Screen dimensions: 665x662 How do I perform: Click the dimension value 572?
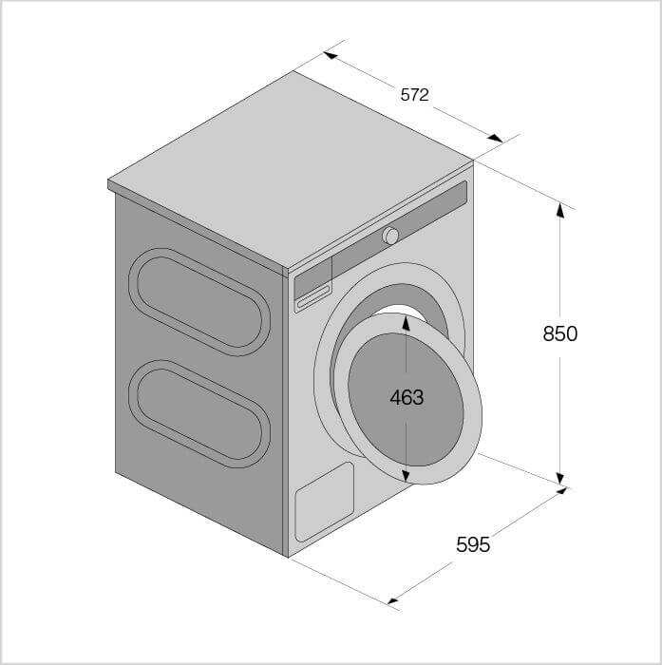pyautogui.click(x=414, y=95)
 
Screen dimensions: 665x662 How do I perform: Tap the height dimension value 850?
pyautogui.click(x=559, y=333)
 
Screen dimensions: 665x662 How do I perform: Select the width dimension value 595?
pyautogui.click(x=473, y=544)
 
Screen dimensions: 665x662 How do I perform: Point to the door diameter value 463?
pyautogui.click(x=407, y=397)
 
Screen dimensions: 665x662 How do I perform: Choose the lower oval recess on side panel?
pyautogui.click(x=199, y=413)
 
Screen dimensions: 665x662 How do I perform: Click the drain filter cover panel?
pyautogui.click(x=324, y=502)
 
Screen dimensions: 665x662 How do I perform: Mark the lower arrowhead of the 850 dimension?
pyautogui.click(x=560, y=478)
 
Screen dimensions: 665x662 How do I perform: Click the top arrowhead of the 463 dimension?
pyautogui.click(x=407, y=321)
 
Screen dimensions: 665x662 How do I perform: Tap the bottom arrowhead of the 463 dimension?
pyautogui.click(x=407, y=474)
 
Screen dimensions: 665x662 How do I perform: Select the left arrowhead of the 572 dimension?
pyautogui.click(x=331, y=55)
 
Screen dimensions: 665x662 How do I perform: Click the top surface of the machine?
pyautogui.click(x=285, y=166)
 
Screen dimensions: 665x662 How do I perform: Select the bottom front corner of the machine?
pyautogui.click(x=287, y=556)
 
